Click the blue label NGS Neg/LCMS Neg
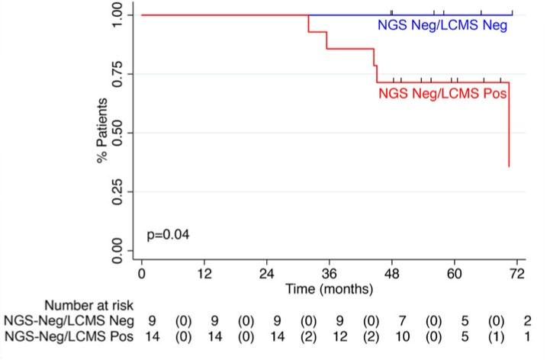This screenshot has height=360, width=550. click(443, 26)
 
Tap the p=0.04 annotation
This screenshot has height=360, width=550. click(168, 234)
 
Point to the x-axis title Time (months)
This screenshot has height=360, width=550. click(329, 289)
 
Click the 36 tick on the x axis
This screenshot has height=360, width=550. click(330, 275)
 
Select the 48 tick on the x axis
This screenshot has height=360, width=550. click(392, 275)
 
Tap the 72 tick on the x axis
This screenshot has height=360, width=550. click(517, 275)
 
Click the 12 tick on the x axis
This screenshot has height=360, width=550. click(204, 275)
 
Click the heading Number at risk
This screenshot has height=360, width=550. click(93, 307)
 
